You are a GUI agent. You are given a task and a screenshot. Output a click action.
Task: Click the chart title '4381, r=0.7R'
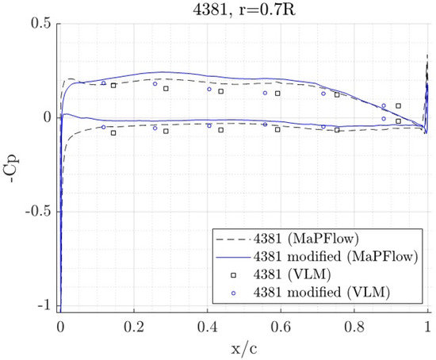(x=244, y=10)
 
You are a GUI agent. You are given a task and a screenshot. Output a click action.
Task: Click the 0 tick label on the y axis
(x=48, y=117)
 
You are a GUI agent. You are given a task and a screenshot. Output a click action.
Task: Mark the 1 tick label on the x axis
(x=429, y=327)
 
